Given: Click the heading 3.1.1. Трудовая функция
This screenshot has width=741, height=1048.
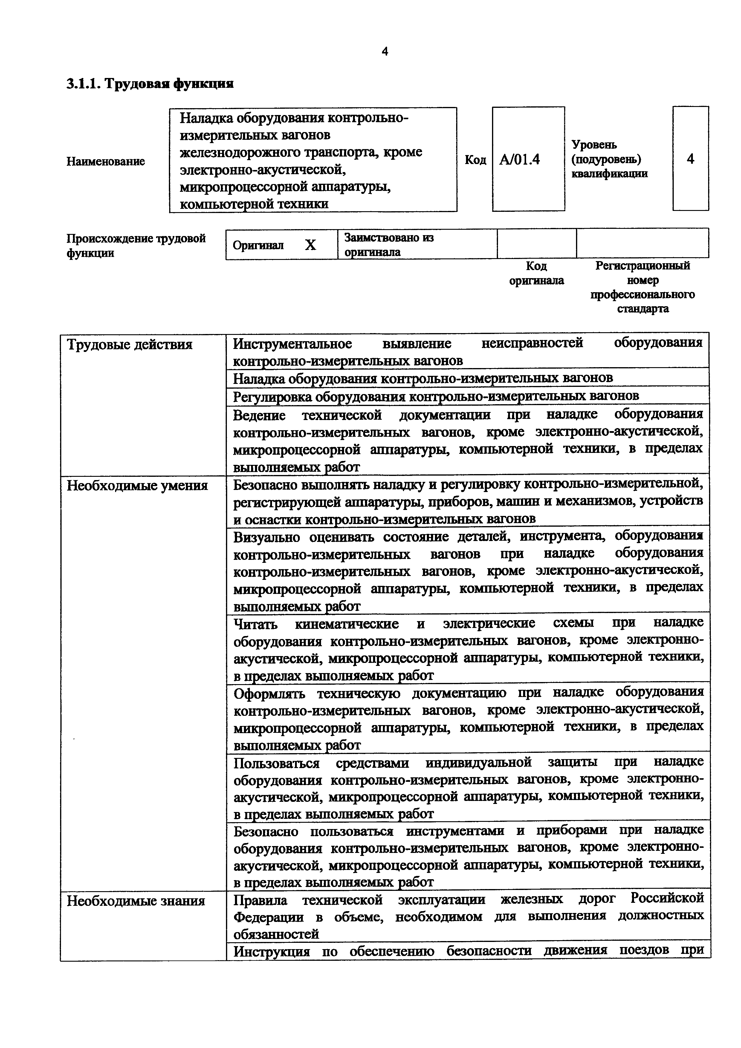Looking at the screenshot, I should (150, 84).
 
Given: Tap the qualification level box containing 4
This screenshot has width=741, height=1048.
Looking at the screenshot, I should (690, 159).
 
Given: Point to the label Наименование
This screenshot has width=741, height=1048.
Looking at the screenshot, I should (106, 161).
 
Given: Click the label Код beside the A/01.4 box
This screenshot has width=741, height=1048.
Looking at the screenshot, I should (475, 160).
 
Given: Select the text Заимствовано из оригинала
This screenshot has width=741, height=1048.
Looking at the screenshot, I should (389, 245).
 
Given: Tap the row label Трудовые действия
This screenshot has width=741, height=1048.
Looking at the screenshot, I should (130, 344).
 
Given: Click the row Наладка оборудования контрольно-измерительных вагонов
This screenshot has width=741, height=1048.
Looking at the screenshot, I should (423, 378).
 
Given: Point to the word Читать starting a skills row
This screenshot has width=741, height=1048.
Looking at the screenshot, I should (255, 623).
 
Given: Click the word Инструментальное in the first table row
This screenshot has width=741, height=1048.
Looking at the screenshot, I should (292, 343).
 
